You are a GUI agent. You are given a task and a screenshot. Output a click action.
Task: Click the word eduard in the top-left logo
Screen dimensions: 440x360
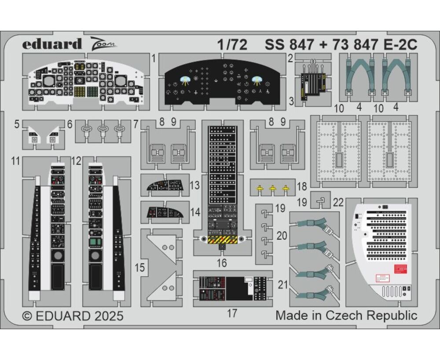coord(52,44)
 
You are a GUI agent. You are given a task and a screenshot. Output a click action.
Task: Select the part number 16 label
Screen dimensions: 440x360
coord(222,263)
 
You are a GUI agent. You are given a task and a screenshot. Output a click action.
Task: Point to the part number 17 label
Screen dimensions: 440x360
coord(232,313)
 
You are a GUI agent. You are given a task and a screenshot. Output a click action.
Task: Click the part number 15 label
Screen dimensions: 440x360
coord(140,268)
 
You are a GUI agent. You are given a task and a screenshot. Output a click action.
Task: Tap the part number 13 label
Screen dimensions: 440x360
coord(195,185)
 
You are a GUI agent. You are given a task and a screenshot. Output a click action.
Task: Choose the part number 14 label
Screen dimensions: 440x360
coord(195,212)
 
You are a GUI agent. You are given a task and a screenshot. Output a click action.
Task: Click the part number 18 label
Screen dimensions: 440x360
coord(302,186)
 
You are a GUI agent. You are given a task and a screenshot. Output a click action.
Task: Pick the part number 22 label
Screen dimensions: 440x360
coord(338,202)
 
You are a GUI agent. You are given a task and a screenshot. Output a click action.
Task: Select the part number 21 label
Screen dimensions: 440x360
coord(283,285)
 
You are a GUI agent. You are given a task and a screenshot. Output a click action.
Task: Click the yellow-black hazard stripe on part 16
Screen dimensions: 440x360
coord(222,240)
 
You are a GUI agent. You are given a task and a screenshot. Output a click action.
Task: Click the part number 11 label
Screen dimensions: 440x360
coord(16,161)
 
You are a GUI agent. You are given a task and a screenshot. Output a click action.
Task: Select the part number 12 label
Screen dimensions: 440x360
coord(76,161)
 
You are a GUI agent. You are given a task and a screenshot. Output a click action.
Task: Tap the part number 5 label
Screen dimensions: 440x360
coord(17,124)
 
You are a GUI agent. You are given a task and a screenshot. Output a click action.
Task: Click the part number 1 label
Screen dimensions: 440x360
coord(153,58)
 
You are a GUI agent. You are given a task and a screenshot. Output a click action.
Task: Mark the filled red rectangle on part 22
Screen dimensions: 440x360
coord(401,269)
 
